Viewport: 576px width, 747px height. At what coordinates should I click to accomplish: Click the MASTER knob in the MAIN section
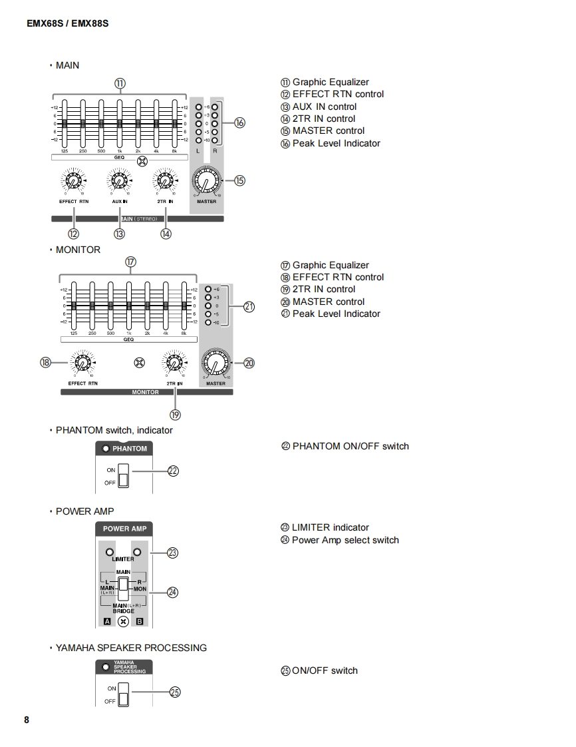click(x=206, y=181)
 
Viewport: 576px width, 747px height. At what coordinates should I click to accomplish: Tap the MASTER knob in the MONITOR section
click(x=216, y=364)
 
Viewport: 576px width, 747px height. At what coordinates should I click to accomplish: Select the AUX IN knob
click(x=119, y=180)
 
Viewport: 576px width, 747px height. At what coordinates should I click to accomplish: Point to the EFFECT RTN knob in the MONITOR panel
click(x=82, y=364)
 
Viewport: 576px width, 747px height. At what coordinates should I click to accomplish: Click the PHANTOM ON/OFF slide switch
click(x=122, y=476)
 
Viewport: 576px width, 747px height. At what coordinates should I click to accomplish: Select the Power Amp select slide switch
click(x=123, y=589)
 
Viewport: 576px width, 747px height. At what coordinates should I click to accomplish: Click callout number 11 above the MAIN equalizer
click(x=120, y=83)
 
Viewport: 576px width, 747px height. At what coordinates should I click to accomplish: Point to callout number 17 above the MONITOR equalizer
click(x=130, y=262)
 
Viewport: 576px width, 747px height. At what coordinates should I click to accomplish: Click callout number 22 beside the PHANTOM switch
click(x=173, y=471)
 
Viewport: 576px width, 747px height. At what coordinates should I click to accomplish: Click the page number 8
click(x=27, y=720)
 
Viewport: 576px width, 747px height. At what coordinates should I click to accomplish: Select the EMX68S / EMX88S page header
click(x=68, y=23)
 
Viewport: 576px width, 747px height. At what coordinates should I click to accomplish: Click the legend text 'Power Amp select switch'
click(x=345, y=540)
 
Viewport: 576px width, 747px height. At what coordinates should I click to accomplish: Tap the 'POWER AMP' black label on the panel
click(x=125, y=529)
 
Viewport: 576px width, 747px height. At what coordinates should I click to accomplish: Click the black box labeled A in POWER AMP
click(x=106, y=621)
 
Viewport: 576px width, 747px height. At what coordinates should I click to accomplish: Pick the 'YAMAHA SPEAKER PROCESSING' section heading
click(x=131, y=648)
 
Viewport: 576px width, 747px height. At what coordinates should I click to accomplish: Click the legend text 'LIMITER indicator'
click(x=330, y=527)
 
